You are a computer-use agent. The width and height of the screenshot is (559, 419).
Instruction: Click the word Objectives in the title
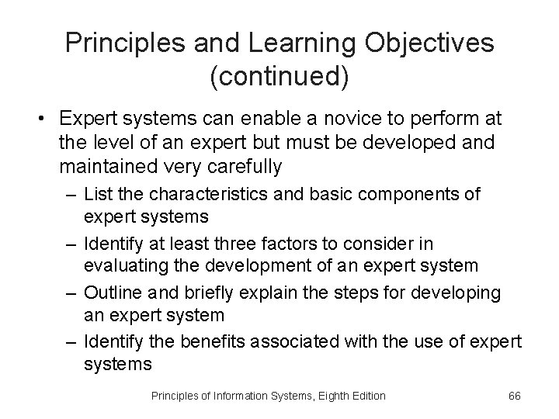pyautogui.click(x=418, y=43)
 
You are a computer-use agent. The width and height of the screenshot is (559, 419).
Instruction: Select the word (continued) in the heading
pyautogui.click(x=279, y=76)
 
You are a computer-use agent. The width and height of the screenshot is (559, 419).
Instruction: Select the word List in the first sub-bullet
pyautogui.click(x=96, y=194)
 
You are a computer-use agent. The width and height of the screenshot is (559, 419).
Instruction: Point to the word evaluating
pyautogui.click(x=120, y=265)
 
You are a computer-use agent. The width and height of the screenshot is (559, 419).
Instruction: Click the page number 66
pyautogui.click(x=513, y=396)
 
